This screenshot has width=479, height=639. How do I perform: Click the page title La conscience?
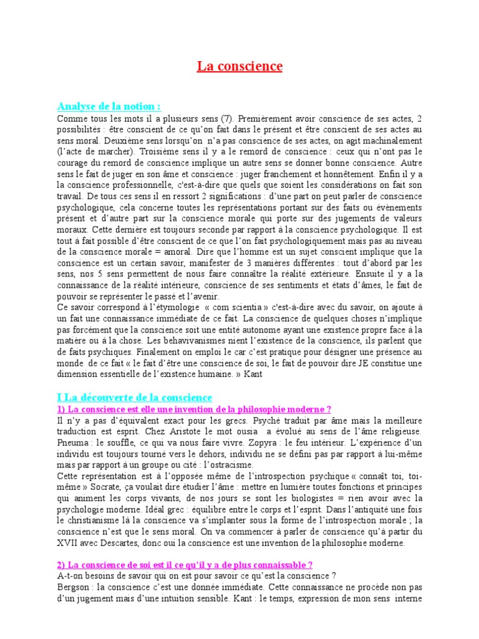click(240, 66)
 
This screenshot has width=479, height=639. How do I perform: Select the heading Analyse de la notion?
click(109, 106)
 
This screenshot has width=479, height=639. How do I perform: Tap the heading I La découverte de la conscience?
click(135, 397)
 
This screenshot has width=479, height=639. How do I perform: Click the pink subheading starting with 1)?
click(194, 409)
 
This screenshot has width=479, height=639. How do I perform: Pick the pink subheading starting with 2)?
click(185, 564)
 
